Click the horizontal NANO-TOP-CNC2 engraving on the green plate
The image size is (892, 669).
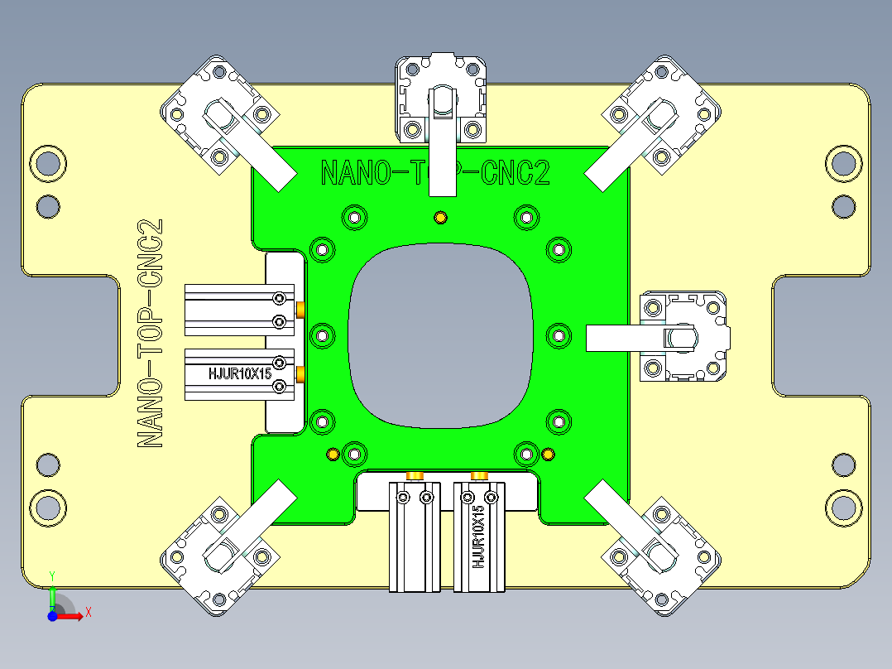coord(435,174)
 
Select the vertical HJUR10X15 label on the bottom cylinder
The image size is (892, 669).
coord(478,542)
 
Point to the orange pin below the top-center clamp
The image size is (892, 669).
coord(441,218)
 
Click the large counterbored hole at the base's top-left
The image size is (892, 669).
coord(47,163)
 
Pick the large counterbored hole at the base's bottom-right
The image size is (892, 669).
coord(843,505)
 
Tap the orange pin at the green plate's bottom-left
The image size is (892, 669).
coord(333,454)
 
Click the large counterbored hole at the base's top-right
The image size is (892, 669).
coord(843,163)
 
